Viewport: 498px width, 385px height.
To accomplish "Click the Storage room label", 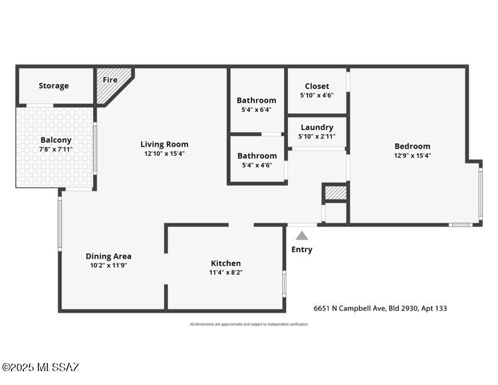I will tap(53, 86).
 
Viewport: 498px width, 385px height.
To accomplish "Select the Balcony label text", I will tap(56, 140).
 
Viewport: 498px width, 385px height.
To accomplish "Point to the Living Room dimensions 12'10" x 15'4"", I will tap(164, 153).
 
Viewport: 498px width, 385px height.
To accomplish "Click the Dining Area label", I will tap(108, 256).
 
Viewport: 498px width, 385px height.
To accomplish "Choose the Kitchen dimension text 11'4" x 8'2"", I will tap(226, 272).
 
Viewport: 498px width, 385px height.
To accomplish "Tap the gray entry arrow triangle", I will tap(302, 236).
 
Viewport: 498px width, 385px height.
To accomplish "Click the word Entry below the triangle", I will tap(302, 250).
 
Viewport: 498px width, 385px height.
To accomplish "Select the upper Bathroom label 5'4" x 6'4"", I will tap(256, 101).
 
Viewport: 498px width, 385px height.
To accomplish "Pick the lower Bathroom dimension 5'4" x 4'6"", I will tap(257, 165).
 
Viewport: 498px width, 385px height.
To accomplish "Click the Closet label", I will tap(317, 86).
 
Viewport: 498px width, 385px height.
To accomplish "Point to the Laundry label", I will tap(317, 127).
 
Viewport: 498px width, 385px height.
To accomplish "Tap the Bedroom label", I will tap(412, 146).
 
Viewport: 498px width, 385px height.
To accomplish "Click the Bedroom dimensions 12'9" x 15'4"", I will tap(412, 155).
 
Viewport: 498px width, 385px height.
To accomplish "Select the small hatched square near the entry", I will tap(335, 192).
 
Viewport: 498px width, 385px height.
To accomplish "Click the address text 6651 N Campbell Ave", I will tap(380, 308).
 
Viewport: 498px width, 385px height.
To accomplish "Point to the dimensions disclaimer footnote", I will tap(249, 325).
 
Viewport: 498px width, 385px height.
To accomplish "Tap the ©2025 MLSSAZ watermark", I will tap(40, 367).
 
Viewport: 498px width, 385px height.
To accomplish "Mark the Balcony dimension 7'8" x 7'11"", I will tap(56, 149).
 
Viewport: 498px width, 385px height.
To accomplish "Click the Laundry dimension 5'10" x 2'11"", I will tap(317, 137).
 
